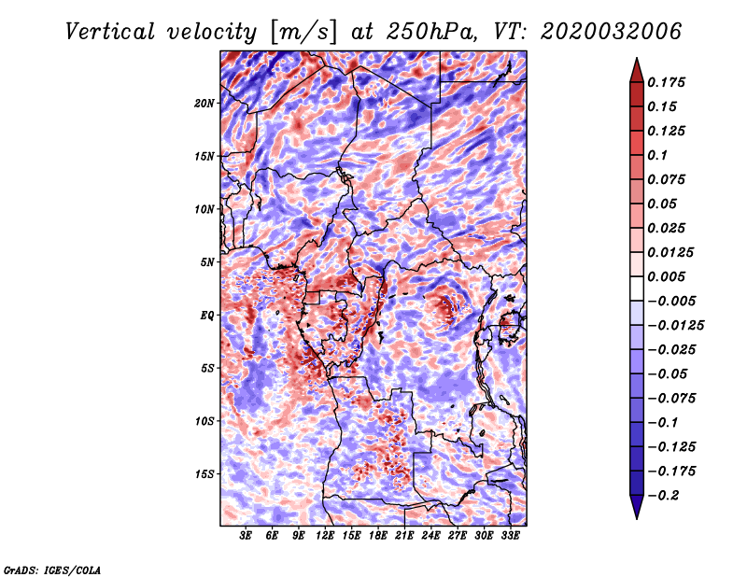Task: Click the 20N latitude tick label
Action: point(205,103)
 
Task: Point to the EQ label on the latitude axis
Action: point(208,316)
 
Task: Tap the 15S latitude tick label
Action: point(205,474)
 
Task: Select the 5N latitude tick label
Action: point(208,262)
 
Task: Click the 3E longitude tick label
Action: point(247,537)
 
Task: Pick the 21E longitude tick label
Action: point(404,537)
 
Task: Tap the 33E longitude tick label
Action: point(510,537)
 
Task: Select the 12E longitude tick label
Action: point(325,537)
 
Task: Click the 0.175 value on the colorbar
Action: point(669,82)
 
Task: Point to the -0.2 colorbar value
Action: point(667,495)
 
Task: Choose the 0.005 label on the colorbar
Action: point(669,276)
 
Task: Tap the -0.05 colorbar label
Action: point(669,373)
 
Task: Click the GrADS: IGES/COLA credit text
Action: point(51,569)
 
